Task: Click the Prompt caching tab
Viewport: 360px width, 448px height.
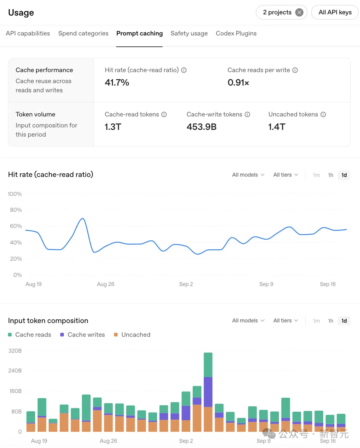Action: pos(139,34)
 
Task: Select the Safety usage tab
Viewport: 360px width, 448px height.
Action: pos(189,34)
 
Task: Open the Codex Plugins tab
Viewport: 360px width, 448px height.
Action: pos(236,34)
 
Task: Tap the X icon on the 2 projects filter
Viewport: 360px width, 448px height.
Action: pos(299,12)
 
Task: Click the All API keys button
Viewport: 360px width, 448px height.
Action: pos(335,12)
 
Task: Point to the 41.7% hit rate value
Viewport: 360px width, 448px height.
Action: pos(117,83)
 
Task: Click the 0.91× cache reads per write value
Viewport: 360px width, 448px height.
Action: pos(238,83)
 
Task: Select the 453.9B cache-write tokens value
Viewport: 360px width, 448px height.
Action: pos(202,127)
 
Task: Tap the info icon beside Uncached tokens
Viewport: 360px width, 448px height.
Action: pos(323,114)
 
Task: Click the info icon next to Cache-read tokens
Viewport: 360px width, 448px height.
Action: pos(164,114)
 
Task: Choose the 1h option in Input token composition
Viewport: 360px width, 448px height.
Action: pos(330,321)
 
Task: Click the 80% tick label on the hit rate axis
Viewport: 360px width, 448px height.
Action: pos(16,210)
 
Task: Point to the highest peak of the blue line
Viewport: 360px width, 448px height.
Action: pos(83,218)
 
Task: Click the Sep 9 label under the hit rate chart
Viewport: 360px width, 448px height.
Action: pos(266,284)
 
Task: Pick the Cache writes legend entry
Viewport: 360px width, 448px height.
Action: pos(82,335)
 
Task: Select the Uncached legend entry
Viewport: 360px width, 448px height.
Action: pos(132,335)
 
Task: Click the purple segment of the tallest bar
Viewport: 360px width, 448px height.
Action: pos(208,392)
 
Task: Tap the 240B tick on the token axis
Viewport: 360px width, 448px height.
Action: pos(15,371)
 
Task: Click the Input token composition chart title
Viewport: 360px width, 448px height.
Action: pos(48,321)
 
